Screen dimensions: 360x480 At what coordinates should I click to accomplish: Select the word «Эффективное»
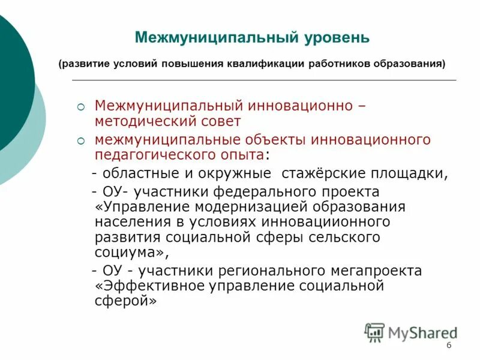[x=155, y=286]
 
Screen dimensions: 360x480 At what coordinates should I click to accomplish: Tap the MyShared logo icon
[x=375, y=332]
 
